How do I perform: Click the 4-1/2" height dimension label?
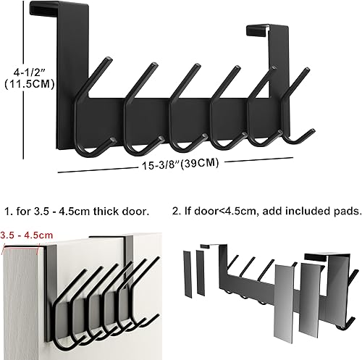click(x=25, y=72)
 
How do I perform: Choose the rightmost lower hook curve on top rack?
click(x=293, y=138)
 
